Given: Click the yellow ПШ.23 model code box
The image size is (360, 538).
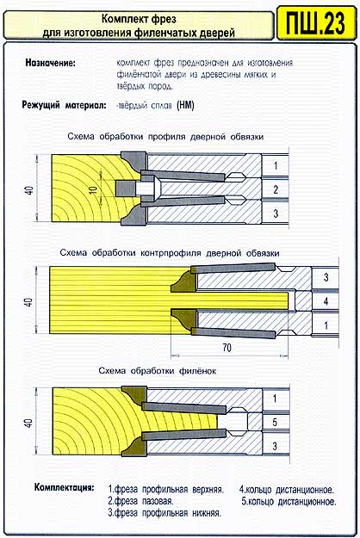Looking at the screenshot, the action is point(316,23).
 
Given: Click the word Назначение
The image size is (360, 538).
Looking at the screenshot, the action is point(50,63).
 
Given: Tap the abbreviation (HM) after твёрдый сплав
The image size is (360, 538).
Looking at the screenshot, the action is point(185,105).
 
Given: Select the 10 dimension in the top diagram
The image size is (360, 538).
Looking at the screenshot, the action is point(94,189).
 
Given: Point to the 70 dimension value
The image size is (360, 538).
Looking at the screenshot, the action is point(227,348).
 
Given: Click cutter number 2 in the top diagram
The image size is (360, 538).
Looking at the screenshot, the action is point(276,189).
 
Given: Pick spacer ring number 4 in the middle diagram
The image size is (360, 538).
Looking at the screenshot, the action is point(326,301).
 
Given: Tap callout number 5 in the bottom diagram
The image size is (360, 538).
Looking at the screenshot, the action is point(275,422).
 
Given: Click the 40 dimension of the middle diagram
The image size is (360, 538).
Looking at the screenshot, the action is point(28,302).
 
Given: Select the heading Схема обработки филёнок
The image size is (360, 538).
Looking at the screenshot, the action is point(158,371).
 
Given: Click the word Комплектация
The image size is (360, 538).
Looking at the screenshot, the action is point(64,487).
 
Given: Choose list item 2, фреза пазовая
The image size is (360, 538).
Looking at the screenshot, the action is point(140,501).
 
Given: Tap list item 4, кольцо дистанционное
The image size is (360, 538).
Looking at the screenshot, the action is point(287,490).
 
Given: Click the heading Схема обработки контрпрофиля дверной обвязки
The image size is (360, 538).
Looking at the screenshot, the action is point(170,253).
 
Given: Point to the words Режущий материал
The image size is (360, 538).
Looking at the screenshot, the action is point(64,105).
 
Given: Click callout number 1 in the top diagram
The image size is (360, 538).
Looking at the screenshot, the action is point(276,166).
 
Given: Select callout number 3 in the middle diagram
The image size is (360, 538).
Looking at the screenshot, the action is point(326,277).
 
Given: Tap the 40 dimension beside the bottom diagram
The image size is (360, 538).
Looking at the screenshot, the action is point(28,423).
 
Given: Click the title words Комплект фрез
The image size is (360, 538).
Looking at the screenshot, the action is point(139,19).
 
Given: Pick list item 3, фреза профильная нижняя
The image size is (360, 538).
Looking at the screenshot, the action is point(164,513).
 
